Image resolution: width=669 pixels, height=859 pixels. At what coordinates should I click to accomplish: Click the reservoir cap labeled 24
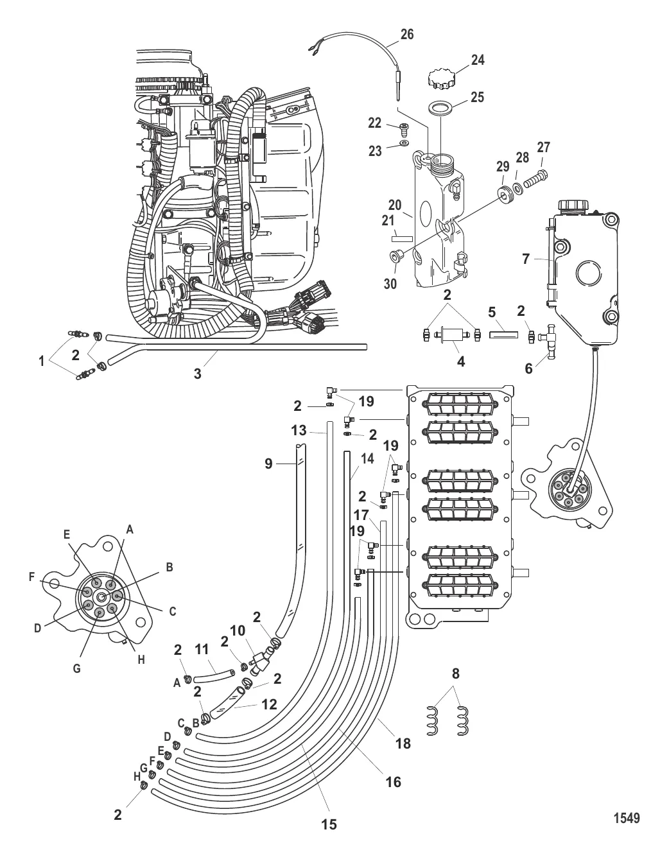point(440,80)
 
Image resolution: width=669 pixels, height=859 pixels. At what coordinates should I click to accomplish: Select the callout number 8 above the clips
point(455,675)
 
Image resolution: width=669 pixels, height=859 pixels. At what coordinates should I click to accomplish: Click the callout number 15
point(329,824)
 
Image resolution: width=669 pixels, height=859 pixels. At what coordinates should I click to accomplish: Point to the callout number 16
point(393,781)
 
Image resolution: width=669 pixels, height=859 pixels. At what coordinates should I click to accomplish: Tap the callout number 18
point(403,743)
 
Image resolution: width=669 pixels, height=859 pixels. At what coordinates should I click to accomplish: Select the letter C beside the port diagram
point(173,612)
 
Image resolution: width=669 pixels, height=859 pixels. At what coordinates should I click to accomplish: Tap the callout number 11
point(202,650)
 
